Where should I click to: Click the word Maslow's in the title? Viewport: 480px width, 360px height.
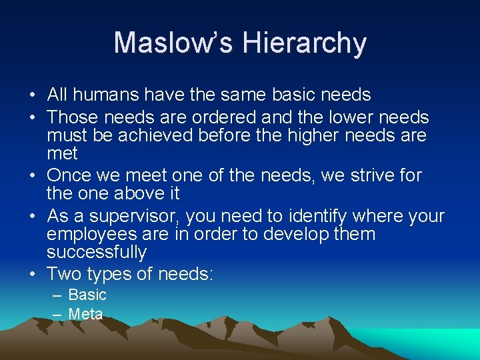coord(173,43)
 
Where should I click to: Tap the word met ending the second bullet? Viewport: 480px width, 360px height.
coord(62,153)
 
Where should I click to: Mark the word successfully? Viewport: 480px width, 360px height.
coord(96,252)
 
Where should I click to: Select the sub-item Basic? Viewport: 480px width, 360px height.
coord(87,295)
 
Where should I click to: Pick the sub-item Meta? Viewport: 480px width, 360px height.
coord(86,313)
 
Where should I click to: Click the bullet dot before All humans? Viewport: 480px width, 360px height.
coord(33,95)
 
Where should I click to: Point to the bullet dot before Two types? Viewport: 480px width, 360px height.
coord(33,274)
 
